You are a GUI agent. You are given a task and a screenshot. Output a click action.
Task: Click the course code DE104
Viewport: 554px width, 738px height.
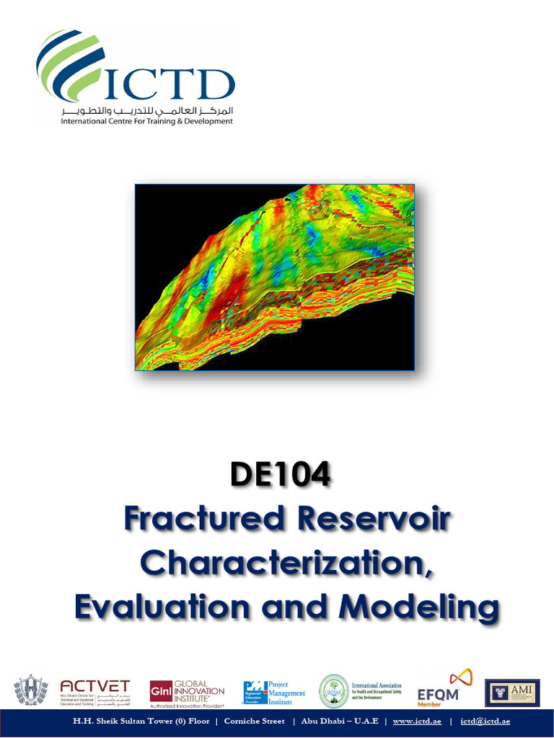[280, 476]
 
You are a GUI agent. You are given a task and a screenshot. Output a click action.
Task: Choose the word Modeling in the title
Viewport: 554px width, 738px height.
[420, 607]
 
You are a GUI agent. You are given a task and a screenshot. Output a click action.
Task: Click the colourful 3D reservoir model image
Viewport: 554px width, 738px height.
[275, 277]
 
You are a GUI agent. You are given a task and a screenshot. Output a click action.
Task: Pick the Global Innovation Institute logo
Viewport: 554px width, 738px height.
[187, 693]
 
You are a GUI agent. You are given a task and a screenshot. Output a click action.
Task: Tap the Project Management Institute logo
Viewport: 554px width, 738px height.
[274, 692]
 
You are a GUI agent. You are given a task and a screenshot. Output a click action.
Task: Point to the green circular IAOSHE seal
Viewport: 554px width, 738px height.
[333, 691]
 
